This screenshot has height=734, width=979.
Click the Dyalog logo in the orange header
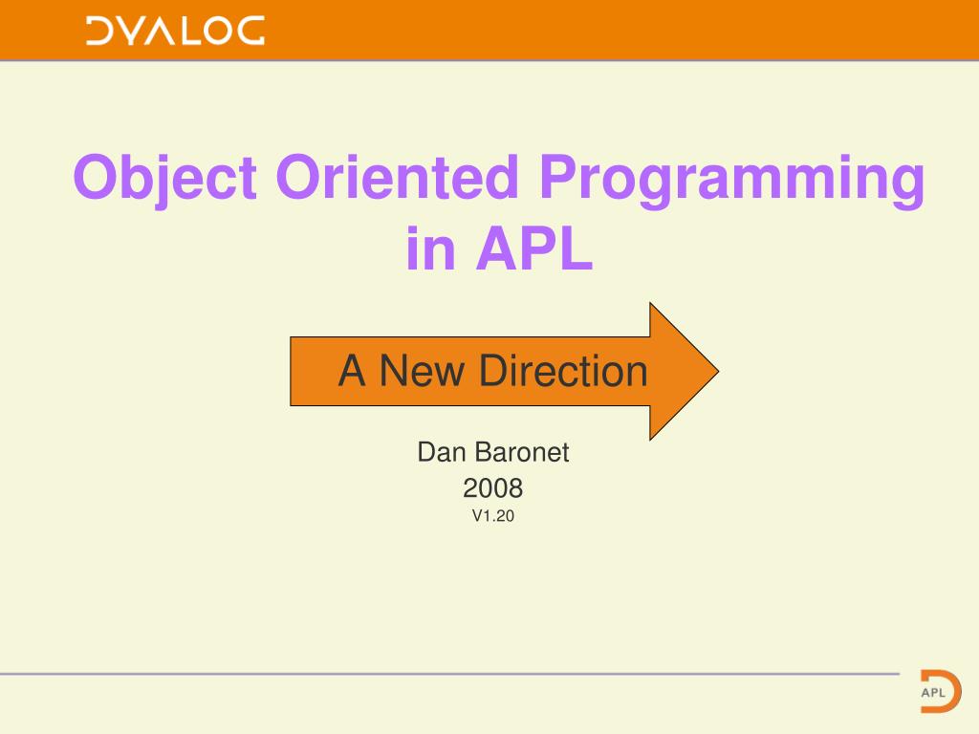[175, 31]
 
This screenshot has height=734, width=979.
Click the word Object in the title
[164, 179]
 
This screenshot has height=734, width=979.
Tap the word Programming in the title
[731, 179]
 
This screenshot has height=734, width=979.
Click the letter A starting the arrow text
[352, 371]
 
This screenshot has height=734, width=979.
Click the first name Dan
[440, 452]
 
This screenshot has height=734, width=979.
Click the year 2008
[492, 488]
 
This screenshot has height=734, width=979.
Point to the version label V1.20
[492, 517]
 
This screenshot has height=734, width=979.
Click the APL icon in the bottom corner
[940, 688]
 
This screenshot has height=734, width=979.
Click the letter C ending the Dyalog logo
[248, 31]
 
